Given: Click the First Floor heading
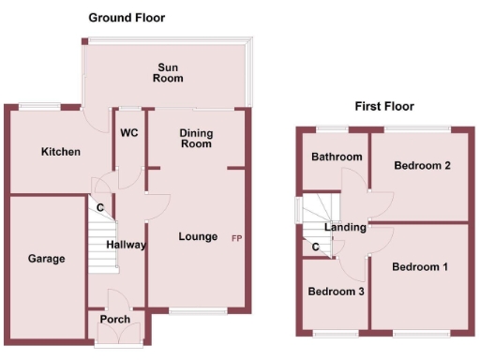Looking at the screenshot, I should coord(383,106).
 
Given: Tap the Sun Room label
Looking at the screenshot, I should coord(168,72).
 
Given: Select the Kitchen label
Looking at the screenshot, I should coord(60,151).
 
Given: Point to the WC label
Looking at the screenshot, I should coord(128,132).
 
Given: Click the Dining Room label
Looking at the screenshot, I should coord(196,139).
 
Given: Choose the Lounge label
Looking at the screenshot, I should coord(198,236).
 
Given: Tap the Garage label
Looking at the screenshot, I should coord(46,258).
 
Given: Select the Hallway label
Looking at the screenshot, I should coord(126,245).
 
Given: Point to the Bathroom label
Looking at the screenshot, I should coord(337,157).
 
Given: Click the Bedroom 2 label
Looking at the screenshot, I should coord(422,166).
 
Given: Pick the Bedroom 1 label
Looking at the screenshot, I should coord(419,267).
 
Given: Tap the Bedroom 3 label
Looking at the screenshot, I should coord(336,292).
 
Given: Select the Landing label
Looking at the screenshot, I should coord(345,227).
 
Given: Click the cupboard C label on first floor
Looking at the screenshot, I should coord(316,247).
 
